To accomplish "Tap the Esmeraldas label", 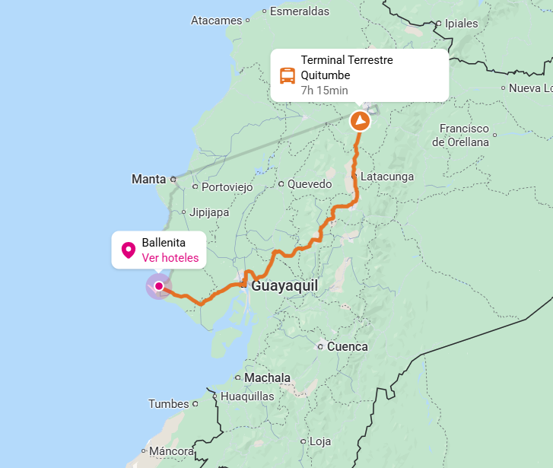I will point(300,11).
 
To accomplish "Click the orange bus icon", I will point(288,75).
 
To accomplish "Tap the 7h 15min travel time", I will point(324,91).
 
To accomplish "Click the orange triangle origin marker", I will point(360,121).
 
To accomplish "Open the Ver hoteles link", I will point(170,258).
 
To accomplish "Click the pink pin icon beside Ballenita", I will point(129,250).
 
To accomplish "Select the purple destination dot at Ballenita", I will point(158,286).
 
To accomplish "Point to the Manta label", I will point(148,180).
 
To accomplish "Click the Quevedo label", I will point(309,184).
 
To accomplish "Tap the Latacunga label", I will point(387,177).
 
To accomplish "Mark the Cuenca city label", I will point(347,347).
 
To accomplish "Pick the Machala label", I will point(267,378).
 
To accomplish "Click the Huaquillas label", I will point(247,396).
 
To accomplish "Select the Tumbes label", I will point(168,404).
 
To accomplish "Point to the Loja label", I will point(320,441).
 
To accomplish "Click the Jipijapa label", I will point(209,212).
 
